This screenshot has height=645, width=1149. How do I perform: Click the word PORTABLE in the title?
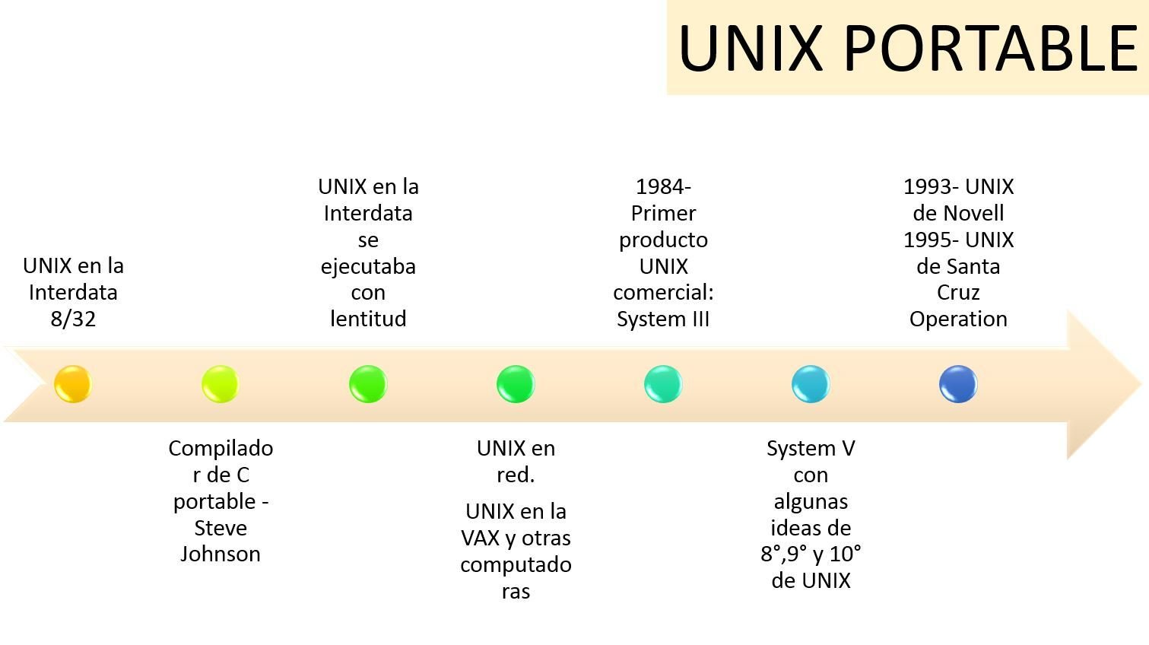point(990,47)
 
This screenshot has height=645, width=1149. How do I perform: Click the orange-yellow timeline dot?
point(73,384)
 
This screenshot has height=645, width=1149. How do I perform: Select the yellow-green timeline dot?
point(221,384)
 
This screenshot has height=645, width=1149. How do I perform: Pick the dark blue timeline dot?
point(958,384)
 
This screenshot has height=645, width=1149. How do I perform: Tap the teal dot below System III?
point(663,384)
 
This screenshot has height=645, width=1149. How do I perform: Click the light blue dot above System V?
point(811,384)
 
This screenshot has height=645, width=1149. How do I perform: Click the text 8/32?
point(73,319)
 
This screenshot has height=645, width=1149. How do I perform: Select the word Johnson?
point(221,554)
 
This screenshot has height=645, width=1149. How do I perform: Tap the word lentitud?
point(368,319)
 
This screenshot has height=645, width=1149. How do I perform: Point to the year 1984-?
point(663,186)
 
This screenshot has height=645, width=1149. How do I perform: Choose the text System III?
point(663,319)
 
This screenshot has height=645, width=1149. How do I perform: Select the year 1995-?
point(931,240)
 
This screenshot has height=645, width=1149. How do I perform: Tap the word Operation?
point(958,319)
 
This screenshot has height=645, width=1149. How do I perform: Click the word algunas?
point(811,501)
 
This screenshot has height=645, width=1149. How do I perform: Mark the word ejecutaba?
point(368,266)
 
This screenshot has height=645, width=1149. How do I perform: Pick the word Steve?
point(221,528)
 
